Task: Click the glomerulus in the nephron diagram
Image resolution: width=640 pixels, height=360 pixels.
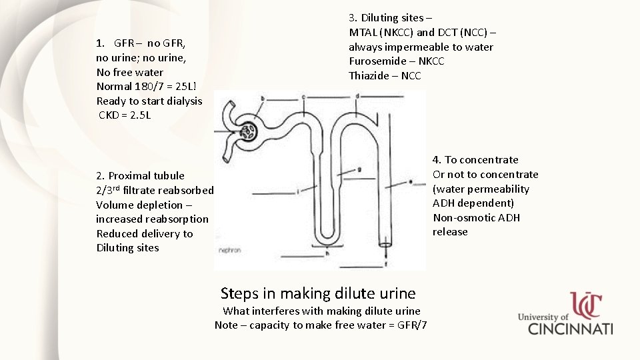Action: [249, 131]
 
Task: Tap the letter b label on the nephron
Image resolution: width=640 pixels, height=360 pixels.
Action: [262, 98]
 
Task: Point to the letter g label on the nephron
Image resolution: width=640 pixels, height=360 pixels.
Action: [360, 169]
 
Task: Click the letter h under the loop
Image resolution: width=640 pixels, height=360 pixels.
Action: [327, 253]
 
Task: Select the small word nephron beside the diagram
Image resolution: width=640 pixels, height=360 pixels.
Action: [229, 251]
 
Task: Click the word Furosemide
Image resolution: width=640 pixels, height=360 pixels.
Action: [373, 61]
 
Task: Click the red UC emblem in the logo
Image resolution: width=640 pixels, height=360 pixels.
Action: [585, 306]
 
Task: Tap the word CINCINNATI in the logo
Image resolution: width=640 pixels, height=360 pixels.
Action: [571, 329]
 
